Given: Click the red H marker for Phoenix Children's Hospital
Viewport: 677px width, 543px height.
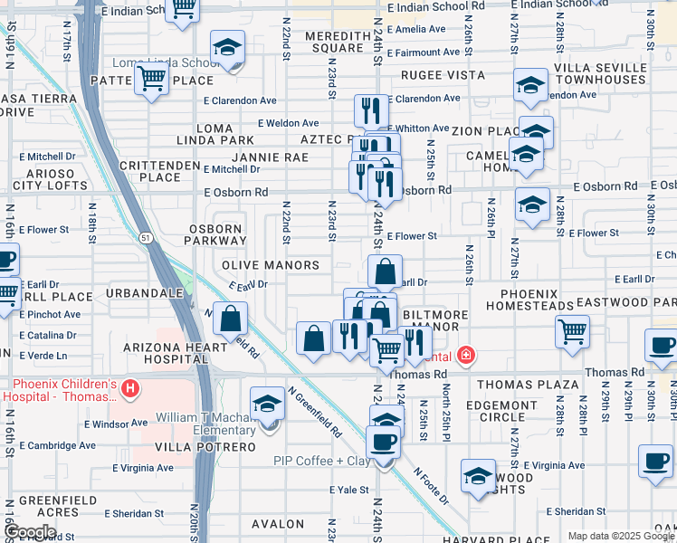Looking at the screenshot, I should tap(130, 389).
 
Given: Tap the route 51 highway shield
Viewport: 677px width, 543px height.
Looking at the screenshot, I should tap(146, 237).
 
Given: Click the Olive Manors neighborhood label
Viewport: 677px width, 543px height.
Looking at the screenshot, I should tap(271, 265).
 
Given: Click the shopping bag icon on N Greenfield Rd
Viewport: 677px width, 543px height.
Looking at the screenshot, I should tap(231, 319).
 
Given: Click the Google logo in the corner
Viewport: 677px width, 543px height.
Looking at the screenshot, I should tap(30, 532).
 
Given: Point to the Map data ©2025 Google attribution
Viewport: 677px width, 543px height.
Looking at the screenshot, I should tap(620, 536).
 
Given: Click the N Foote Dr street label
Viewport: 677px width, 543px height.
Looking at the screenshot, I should tap(432, 485).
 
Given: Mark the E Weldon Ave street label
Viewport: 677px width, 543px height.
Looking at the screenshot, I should tap(288, 123).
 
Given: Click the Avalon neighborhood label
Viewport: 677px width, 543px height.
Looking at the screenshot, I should tap(278, 524).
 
